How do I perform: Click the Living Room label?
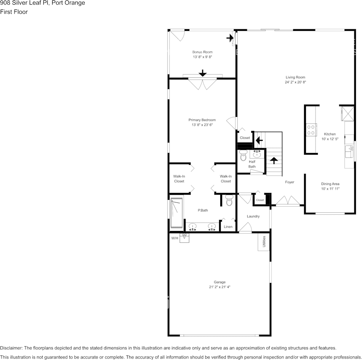coord(295,77)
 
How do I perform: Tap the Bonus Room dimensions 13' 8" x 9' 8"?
coord(202,57)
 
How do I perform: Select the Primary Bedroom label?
coord(202,120)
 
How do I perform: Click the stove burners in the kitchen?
coord(311,130)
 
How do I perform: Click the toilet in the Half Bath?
coord(243,156)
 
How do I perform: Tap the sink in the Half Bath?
coord(257,154)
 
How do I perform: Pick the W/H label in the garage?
coord(175,238)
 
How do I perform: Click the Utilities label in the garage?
coord(264,242)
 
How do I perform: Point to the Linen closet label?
coord(228,227)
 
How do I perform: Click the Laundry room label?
coord(253,216)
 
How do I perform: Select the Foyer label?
coord(290,182)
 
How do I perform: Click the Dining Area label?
coord(330,184)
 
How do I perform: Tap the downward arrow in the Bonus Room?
coord(202,73)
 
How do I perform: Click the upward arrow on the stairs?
coord(274,160)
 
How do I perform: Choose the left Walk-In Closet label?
coord(179,178)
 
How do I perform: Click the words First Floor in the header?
coord(14,12)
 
